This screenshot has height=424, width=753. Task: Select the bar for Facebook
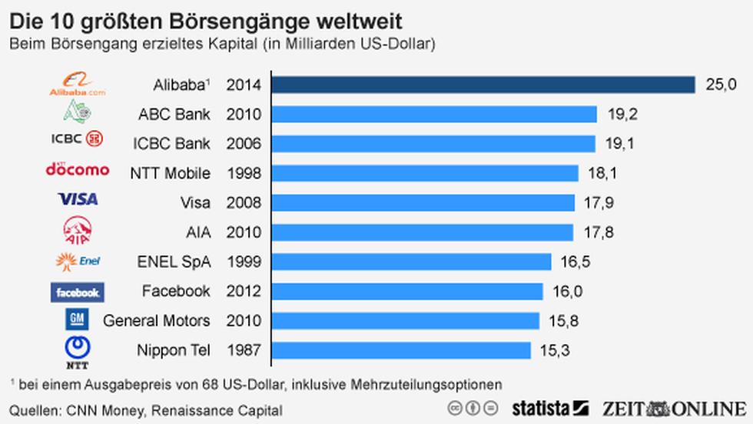[x=407, y=292]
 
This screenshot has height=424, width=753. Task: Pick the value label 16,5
[x=575, y=262]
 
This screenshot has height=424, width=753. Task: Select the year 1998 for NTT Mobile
[x=244, y=173]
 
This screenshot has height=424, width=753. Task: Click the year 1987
[x=244, y=350]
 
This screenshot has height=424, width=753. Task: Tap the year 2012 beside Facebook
[x=244, y=292]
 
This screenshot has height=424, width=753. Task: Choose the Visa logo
[x=78, y=199]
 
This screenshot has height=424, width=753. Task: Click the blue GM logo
[x=78, y=319]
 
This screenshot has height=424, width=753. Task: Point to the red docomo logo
[x=78, y=169]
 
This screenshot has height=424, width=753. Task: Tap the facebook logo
[x=78, y=292]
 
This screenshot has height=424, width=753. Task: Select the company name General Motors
[x=157, y=321]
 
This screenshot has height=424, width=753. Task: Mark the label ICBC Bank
[x=171, y=144]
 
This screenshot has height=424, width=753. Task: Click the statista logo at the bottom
[x=550, y=408]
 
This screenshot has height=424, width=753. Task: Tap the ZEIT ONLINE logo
[x=674, y=408]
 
